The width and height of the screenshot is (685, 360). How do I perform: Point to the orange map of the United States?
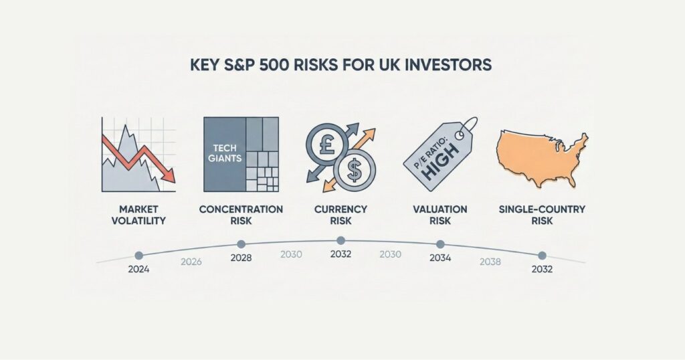[x=541, y=156]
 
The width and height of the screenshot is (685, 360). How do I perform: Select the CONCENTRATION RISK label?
[x=241, y=215]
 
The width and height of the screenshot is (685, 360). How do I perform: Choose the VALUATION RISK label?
[x=440, y=215]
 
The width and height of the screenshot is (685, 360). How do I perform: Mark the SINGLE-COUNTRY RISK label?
[x=542, y=215]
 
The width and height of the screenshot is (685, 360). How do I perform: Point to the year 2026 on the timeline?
[x=191, y=262]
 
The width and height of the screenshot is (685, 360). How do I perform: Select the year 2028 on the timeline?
[x=241, y=258]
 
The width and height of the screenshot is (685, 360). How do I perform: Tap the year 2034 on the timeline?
[x=440, y=258]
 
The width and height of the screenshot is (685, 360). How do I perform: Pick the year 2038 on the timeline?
[x=490, y=262]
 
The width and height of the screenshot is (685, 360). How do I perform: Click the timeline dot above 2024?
[x=139, y=255]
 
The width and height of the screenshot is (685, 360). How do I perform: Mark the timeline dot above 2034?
[x=440, y=244]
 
